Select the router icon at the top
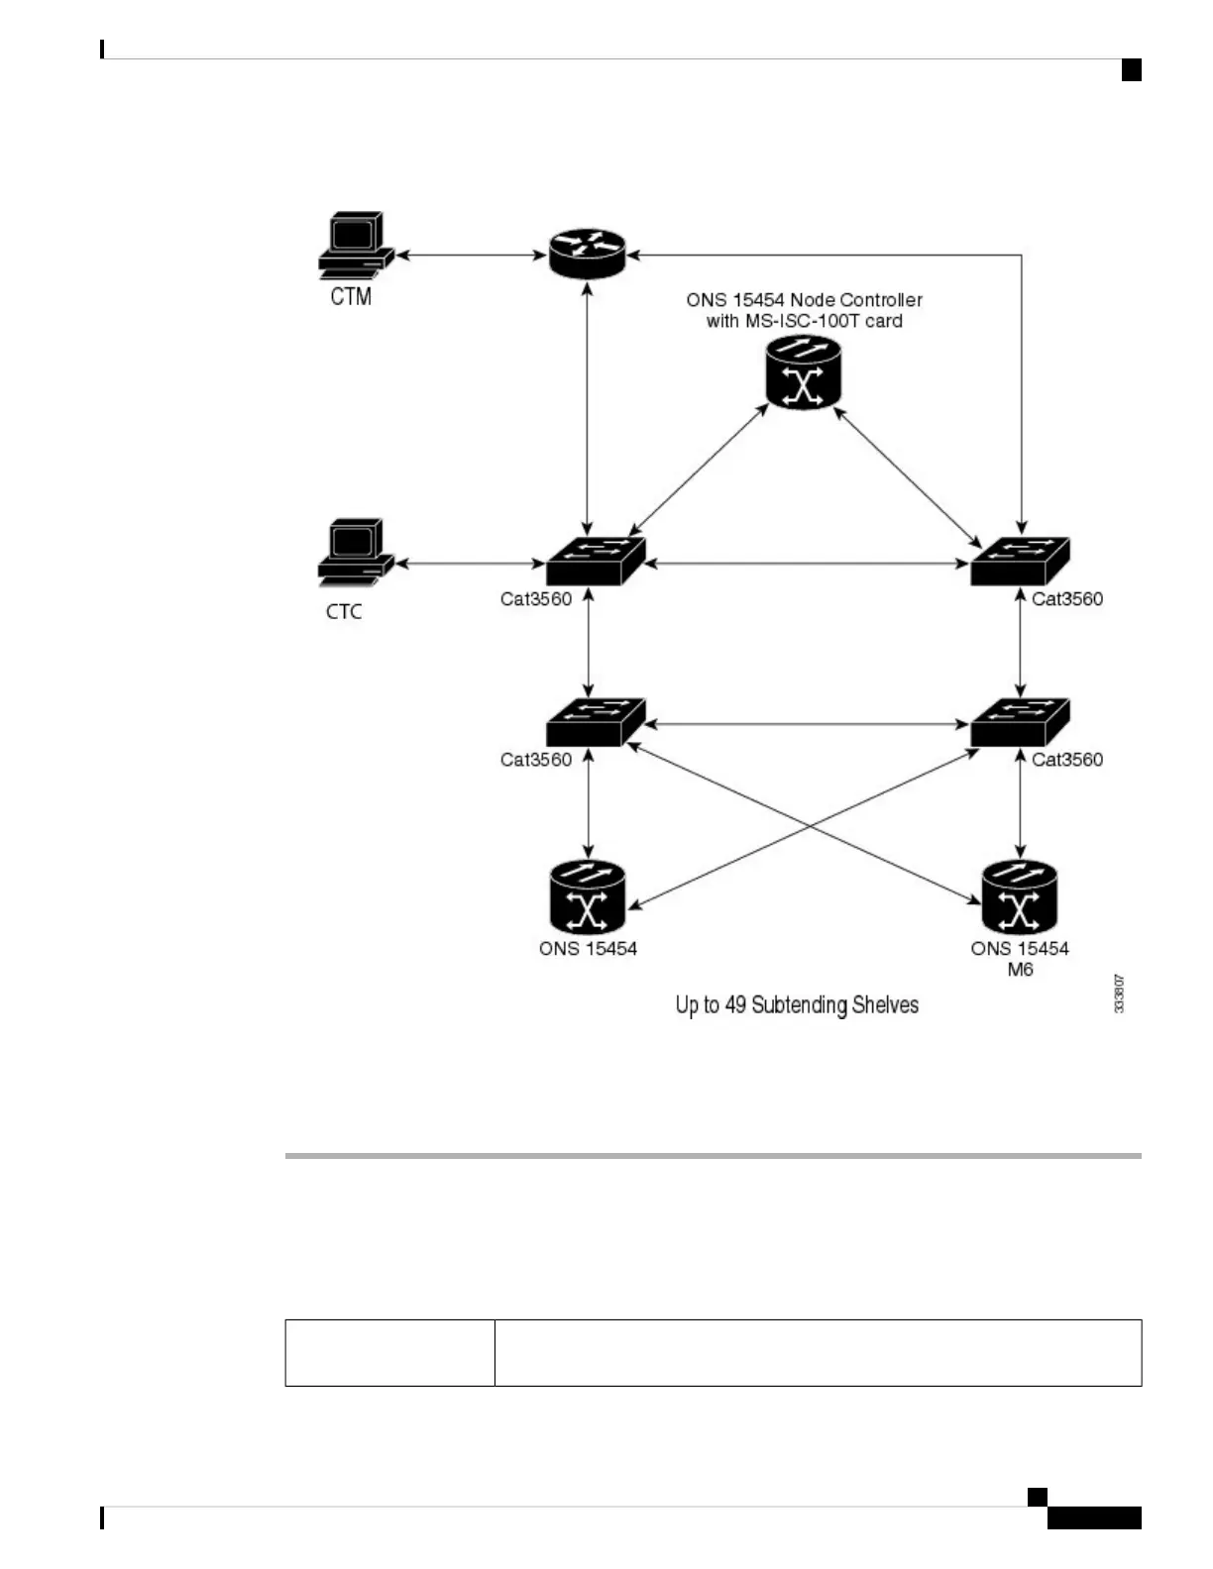point(588,254)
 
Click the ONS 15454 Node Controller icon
point(804,372)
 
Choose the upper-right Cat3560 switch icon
point(1020,561)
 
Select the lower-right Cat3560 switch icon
point(1020,722)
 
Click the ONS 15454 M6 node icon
point(1020,896)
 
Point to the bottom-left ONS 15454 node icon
point(588,896)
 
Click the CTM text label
point(351,296)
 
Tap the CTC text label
point(344,612)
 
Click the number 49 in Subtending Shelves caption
point(735,1005)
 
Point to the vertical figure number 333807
point(1119,994)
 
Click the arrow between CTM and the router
point(472,256)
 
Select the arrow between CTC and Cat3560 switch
point(472,565)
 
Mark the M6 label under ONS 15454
point(1020,970)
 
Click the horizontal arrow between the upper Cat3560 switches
point(807,565)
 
